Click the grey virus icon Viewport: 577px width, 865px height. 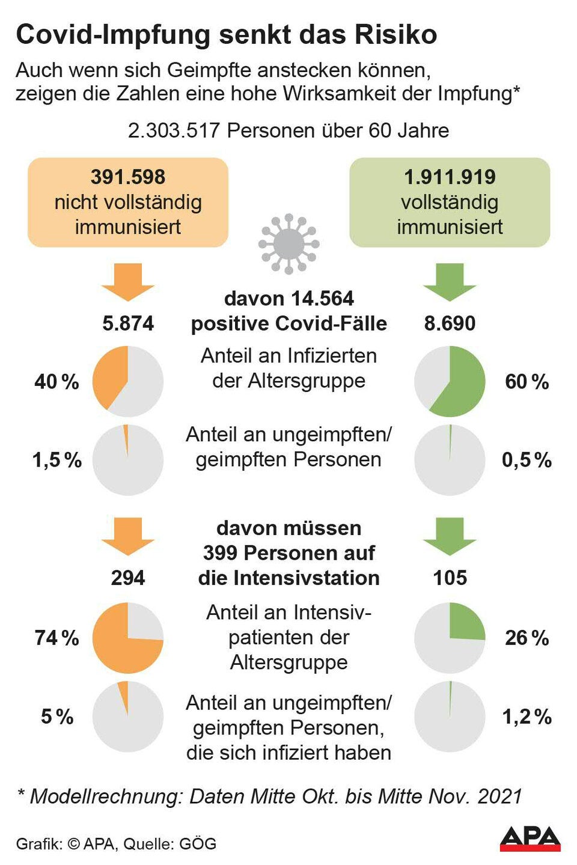pos(288,243)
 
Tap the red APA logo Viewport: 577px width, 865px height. pos(530,839)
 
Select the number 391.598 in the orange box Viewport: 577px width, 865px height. pos(128,177)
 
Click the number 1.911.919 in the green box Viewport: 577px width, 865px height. pos(450,177)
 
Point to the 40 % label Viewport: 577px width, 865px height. pos(56,382)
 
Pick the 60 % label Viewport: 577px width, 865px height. pos(527,382)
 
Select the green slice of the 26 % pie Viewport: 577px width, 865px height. pos(464,624)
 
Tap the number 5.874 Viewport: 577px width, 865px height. pos(128,323)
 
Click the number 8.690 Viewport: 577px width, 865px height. pos(450,323)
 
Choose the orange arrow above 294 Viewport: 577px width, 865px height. pos(128,535)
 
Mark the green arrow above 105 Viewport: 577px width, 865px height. pos(450,535)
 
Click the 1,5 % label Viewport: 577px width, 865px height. pos(56,460)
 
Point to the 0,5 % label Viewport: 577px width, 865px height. pos(527,460)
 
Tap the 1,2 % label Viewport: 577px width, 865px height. pos(527,717)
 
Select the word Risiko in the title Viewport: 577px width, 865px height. pos(395,35)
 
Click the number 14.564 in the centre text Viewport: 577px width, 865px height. pos(322,299)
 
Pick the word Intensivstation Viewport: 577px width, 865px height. pos(307,578)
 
